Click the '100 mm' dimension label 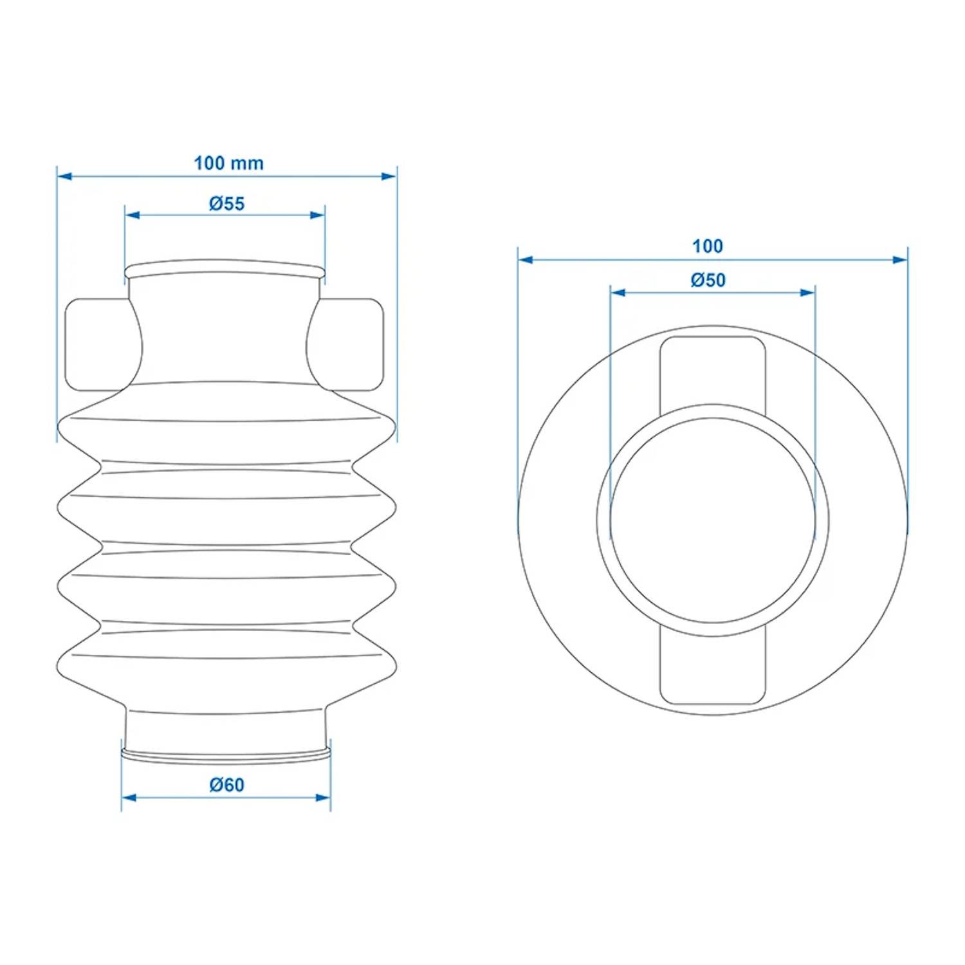pyautogui.click(x=228, y=163)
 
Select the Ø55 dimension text pyautogui.click(x=226, y=203)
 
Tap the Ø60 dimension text pyautogui.click(x=226, y=785)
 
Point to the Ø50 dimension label pyautogui.click(x=708, y=280)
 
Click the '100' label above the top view pyautogui.click(x=707, y=246)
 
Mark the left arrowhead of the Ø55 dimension pyautogui.click(x=133, y=215)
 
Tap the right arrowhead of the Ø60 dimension pyautogui.click(x=323, y=798)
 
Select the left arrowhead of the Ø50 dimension pyautogui.click(x=618, y=293)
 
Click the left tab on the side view pyautogui.click(x=96, y=344)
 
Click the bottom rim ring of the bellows pyautogui.click(x=226, y=754)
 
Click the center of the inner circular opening pyautogui.click(x=712, y=520)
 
